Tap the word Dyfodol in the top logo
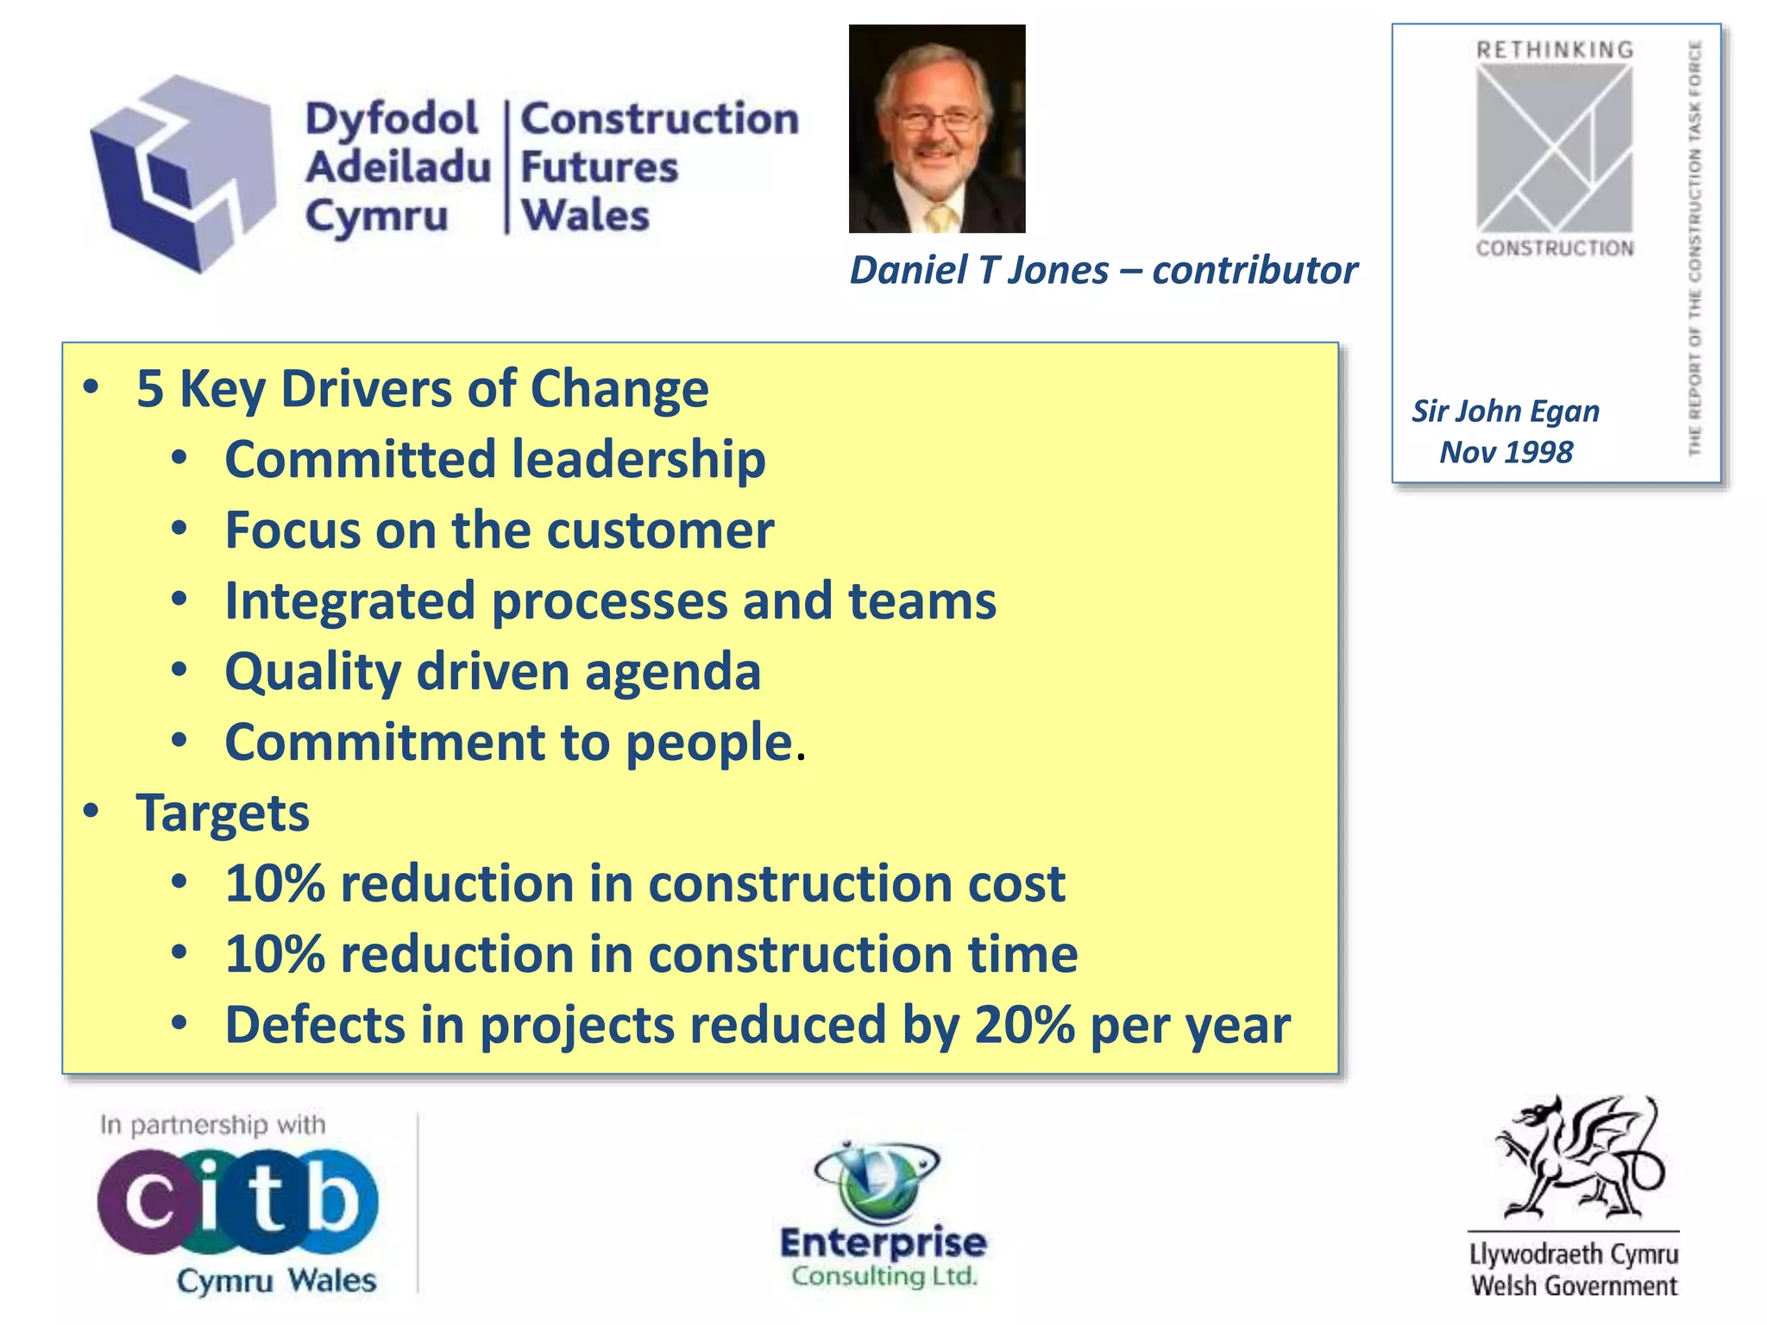point(392,119)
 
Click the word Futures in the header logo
point(600,167)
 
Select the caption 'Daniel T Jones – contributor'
point(1103,270)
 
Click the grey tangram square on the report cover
point(1554,148)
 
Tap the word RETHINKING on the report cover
point(1555,50)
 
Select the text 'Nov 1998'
point(1506,452)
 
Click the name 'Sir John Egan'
point(1506,411)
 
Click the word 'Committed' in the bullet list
point(361,459)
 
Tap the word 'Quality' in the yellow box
point(312,671)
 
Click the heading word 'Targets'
point(223,813)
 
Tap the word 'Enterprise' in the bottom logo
point(883,1243)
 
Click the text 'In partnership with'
point(212,1125)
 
